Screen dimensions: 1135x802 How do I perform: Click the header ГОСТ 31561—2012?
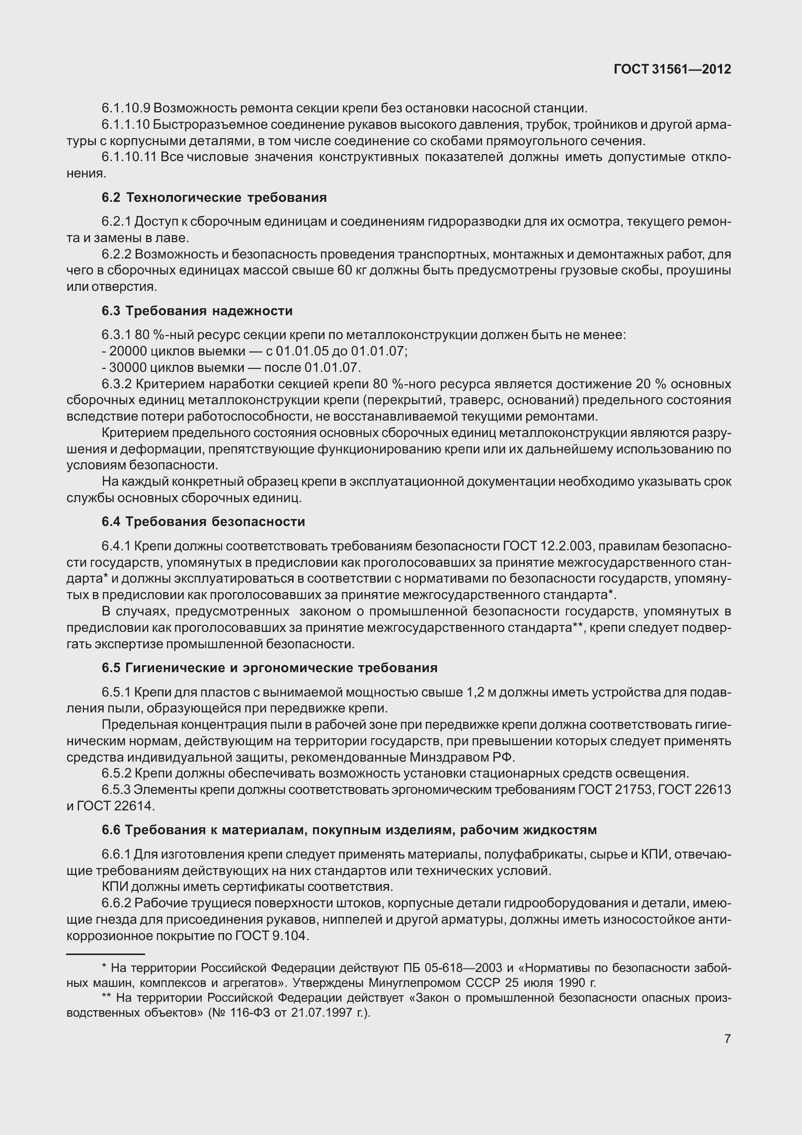[672, 69]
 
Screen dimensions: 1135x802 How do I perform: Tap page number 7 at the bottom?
[727, 1039]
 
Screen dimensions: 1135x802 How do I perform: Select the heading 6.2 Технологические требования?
[214, 197]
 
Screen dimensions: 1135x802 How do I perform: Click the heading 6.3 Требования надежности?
[197, 311]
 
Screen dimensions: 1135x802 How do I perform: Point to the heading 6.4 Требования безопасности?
[203, 522]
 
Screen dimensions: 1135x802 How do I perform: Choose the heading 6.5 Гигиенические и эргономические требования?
[269, 668]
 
